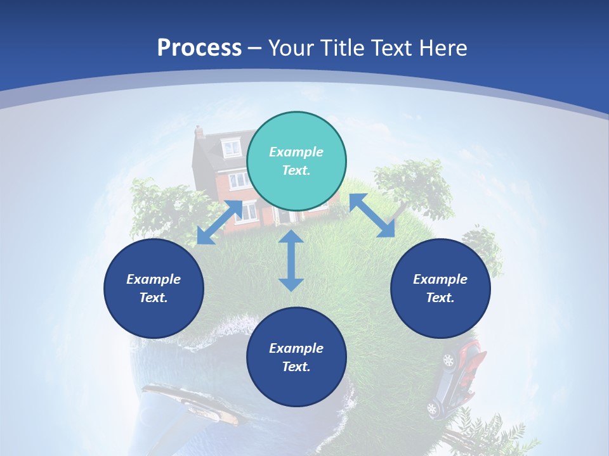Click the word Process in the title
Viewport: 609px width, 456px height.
pyautogui.click(x=199, y=48)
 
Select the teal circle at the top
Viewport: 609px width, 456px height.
pyautogui.click(x=296, y=161)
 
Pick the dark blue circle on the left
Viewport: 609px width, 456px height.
pyautogui.click(x=154, y=288)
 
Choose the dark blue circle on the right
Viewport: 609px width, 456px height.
pyautogui.click(x=440, y=288)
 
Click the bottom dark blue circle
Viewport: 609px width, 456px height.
pyautogui.click(x=296, y=357)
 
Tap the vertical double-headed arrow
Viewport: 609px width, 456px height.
pyautogui.click(x=291, y=260)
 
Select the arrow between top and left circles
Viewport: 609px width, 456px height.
pyautogui.click(x=219, y=222)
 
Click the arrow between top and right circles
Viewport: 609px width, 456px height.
pyautogui.click(x=372, y=216)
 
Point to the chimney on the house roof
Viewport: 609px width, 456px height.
pyautogui.click(x=199, y=132)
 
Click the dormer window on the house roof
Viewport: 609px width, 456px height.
pyautogui.click(x=232, y=148)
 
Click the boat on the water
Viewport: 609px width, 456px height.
pyautogui.click(x=190, y=403)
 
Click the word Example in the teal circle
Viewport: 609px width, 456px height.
pyautogui.click(x=296, y=152)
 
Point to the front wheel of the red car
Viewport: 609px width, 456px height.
pyautogui.click(x=449, y=360)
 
